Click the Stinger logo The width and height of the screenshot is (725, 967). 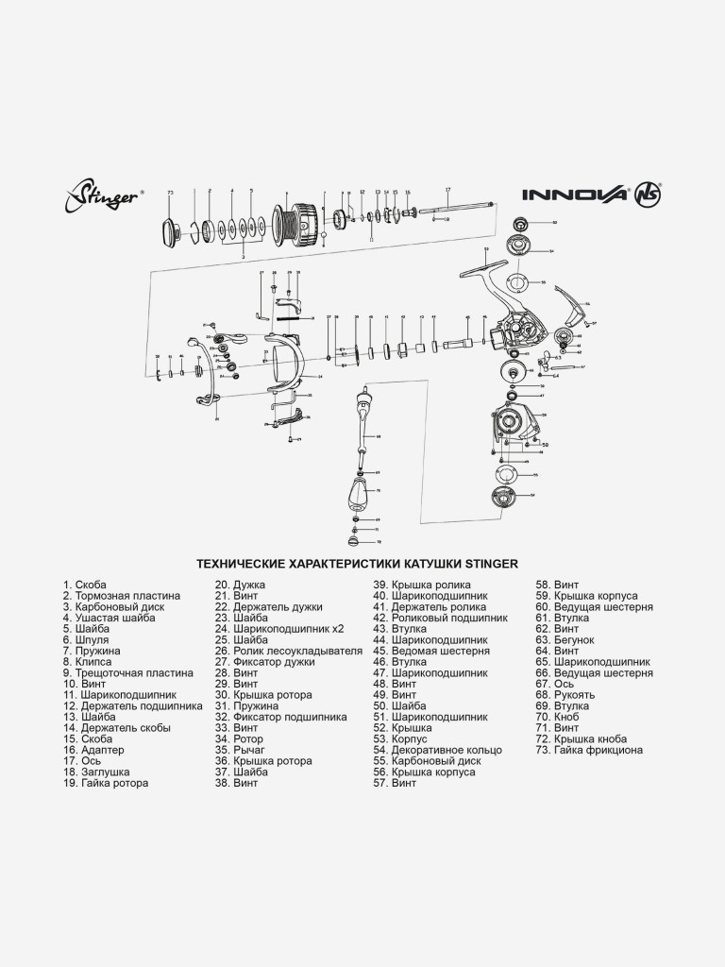pyautogui.click(x=103, y=198)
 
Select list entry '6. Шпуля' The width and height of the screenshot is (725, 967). pyautogui.click(x=86, y=639)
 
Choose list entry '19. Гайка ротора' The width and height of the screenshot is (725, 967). pyautogui.click(x=106, y=783)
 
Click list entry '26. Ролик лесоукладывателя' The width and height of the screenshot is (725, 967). pyautogui.click(x=288, y=651)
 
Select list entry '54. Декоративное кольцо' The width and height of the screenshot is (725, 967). pyautogui.click(x=437, y=750)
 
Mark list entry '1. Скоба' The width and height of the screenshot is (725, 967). pyautogui.click(x=85, y=585)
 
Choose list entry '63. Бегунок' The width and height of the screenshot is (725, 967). pyautogui.click(x=564, y=639)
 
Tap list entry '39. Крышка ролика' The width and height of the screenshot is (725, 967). pyautogui.click(x=422, y=585)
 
